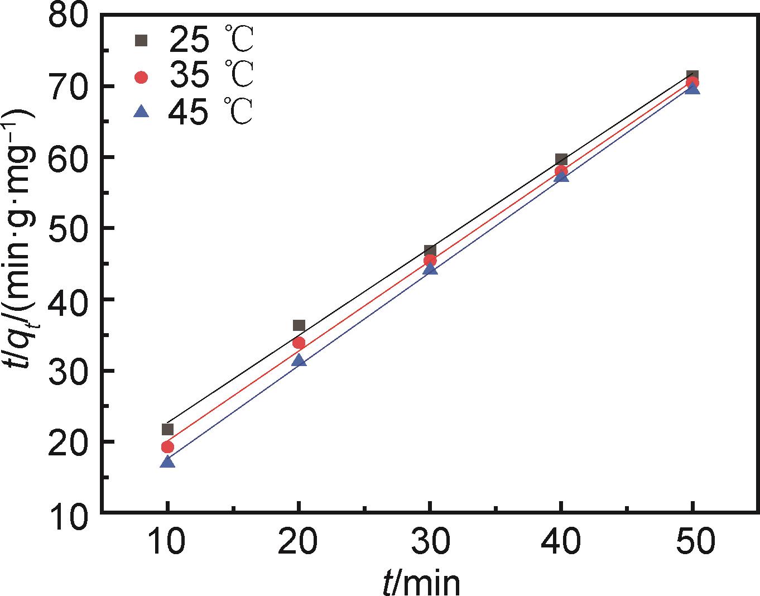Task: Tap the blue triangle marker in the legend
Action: (x=142, y=112)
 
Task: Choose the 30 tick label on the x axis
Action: (x=430, y=541)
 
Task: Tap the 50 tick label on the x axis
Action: (x=692, y=541)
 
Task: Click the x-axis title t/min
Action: (x=421, y=583)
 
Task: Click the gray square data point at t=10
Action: (x=167, y=429)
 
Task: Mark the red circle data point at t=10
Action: (x=167, y=446)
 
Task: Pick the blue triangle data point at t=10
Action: (x=167, y=462)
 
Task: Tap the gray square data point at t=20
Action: (x=299, y=325)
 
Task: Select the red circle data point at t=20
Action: (x=299, y=343)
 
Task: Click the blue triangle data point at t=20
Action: (x=299, y=361)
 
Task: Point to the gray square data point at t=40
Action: (x=561, y=160)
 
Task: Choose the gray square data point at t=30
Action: (x=430, y=250)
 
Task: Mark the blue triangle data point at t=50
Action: (x=692, y=88)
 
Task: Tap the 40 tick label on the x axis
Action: (x=561, y=541)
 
